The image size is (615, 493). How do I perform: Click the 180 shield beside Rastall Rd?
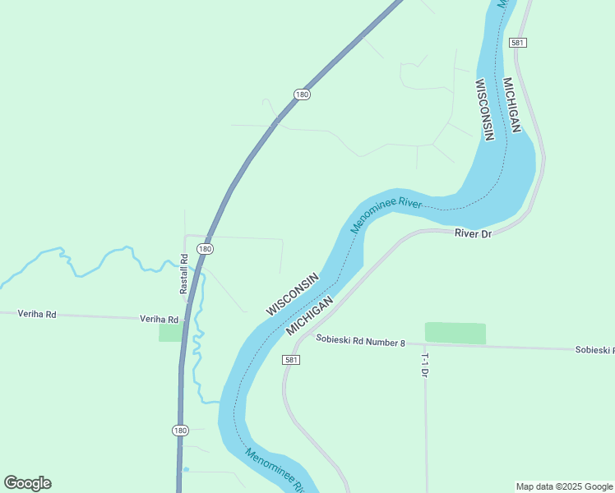[x=205, y=248]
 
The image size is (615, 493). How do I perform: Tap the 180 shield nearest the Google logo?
[x=180, y=430]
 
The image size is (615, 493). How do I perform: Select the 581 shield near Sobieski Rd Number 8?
[x=291, y=360]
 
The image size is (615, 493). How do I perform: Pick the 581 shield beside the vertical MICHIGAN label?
[x=517, y=42]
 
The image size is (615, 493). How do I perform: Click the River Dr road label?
[x=473, y=234]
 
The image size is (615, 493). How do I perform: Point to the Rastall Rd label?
[x=184, y=274]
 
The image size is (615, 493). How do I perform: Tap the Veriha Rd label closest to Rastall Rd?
[x=159, y=319]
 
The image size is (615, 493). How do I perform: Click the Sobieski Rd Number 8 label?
[x=361, y=342]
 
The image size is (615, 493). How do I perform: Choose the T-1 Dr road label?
[x=425, y=365]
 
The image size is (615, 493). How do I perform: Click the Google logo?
[x=27, y=483]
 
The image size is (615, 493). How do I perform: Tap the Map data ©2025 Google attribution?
[x=564, y=486]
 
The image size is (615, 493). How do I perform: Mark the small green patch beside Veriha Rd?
[x=170, y=332]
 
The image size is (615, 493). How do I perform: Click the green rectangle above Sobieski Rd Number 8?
[x=455, y=333]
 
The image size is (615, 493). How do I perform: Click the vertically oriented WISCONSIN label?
[x=485, y=109]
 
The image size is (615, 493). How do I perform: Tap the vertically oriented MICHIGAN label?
[x=511, y=105]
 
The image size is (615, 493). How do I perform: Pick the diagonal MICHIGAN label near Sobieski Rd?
[x=310, y=316]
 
